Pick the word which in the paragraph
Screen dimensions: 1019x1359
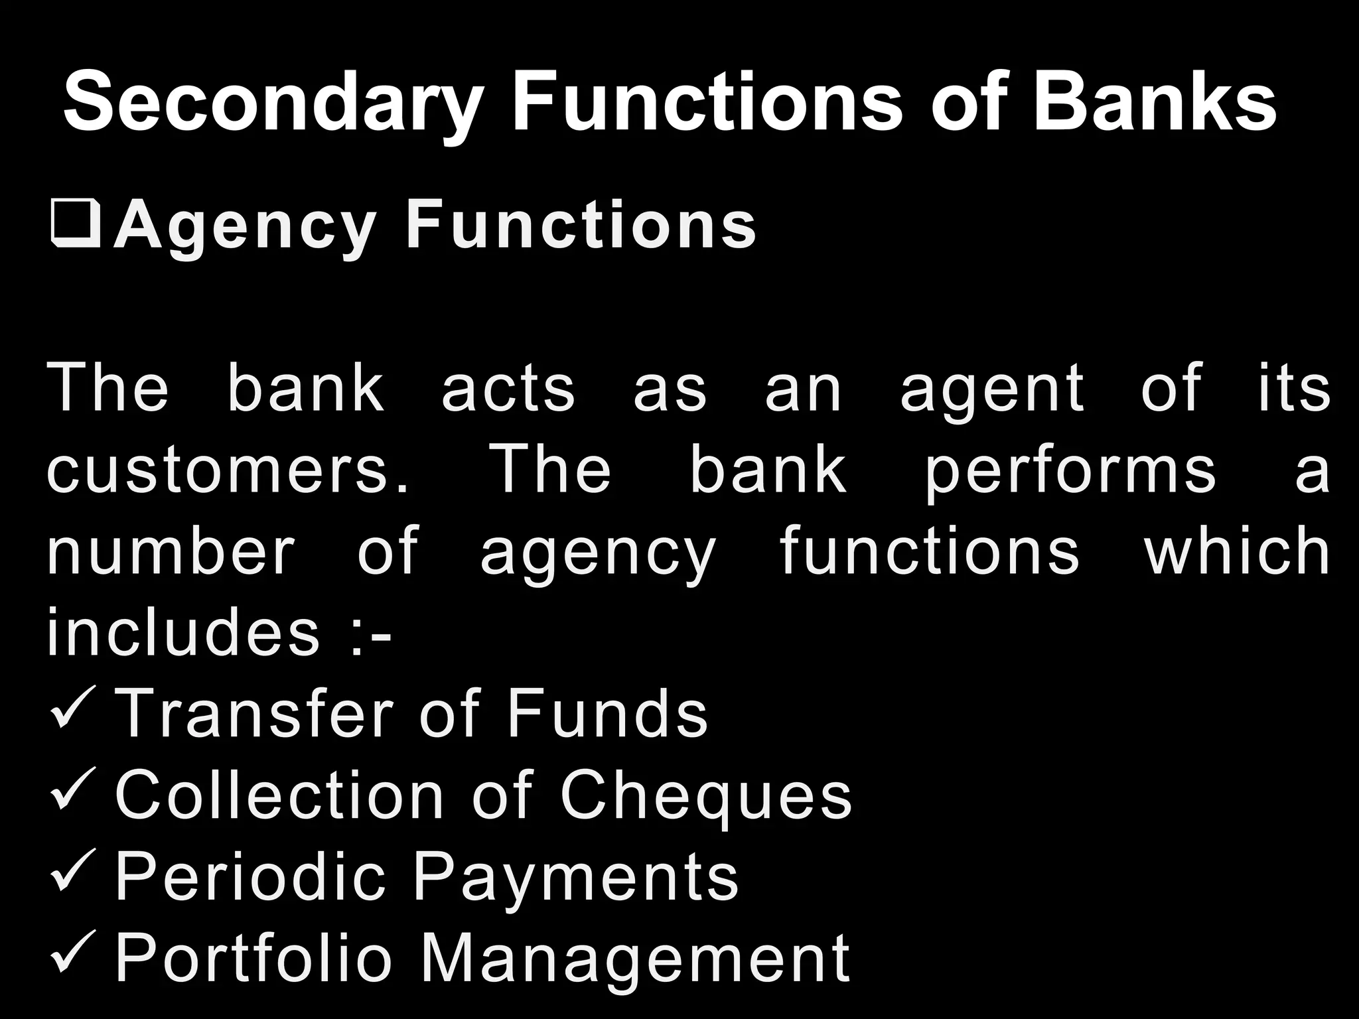point(1238,551)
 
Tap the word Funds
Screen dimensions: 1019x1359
point(608,714)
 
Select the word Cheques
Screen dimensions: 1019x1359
point(706,796)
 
